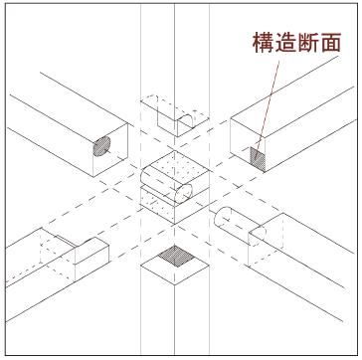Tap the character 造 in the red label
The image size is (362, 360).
[287, 43]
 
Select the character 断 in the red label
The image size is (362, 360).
[309, 43]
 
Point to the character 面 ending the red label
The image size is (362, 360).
[331, 43]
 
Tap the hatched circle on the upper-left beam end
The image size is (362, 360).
[102, 146]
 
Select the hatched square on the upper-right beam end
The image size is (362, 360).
[257, 155]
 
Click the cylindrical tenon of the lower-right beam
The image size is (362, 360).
[232, 220]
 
